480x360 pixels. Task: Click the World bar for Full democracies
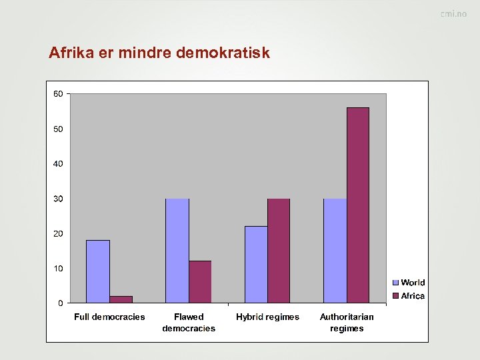click(x=98, y=271)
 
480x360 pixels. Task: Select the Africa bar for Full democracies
click(x=121, y=299)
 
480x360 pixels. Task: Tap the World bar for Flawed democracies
click(x=177, y=251)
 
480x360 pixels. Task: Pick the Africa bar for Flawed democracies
click(x=200, y=282)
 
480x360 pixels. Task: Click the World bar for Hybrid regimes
click(x=256, y=265)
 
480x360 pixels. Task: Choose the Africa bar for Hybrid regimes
click(x=279, y=251)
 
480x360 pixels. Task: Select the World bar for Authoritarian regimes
click(x=335, y=251)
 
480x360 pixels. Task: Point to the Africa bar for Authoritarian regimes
click(x=358, y=205)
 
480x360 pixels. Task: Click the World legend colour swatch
click(x=395, y=283)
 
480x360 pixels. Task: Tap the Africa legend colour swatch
click(x=395, y=295)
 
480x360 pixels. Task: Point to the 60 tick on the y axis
click(x=59, y=93)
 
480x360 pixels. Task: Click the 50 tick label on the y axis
click(x=59, y=129)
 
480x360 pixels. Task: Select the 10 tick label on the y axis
click(x=59, y=268)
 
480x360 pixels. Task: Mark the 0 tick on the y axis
click(x=61, y=303)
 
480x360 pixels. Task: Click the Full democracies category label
click(x=109, y=317)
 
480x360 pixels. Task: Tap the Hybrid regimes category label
click(x=267, y=317)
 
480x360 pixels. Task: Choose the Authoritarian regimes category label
click(x=347, y=323)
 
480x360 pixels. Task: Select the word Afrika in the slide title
click(x=71, y=53)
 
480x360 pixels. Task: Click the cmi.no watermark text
click(x=453, y=13)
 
